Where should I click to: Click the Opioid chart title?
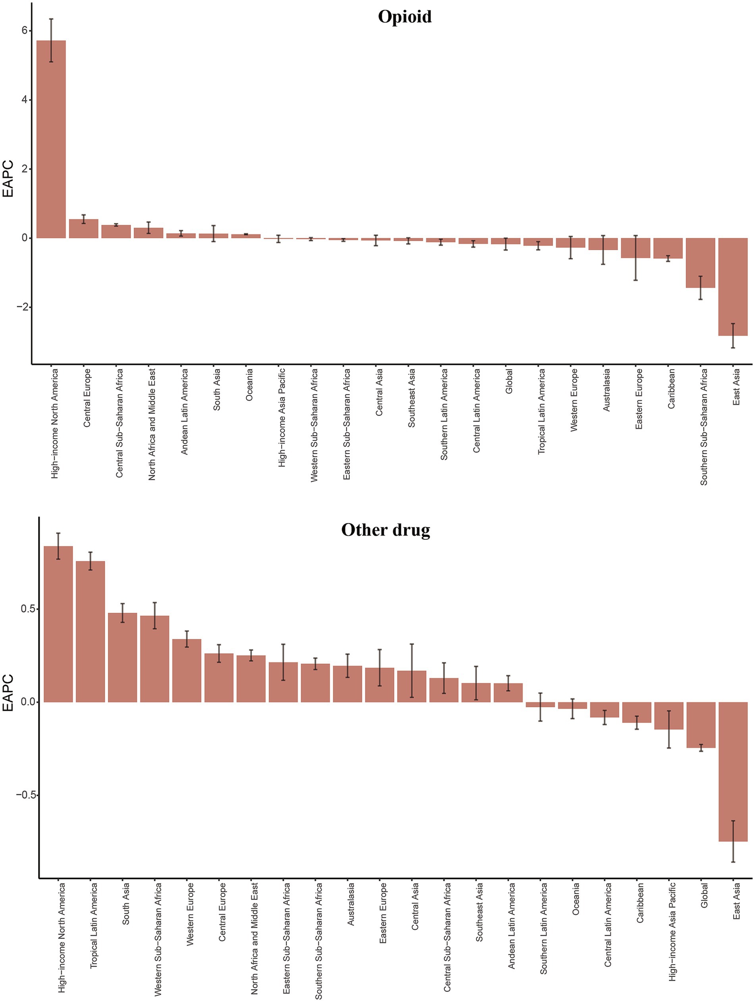point(404,17)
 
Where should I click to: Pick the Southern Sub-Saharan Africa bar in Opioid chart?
point(700,263)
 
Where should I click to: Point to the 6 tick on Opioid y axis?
point(24,30)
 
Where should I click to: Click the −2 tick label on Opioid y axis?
point(22,307)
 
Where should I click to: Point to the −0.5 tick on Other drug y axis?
point(26,795)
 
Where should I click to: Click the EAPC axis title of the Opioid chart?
point(8,180)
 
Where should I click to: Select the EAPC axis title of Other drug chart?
point(8,693)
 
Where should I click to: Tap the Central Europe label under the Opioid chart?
point(87,398)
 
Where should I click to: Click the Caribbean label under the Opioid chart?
point(671,389)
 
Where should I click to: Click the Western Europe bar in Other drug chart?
point(187,670)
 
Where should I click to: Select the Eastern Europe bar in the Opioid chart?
point(636,248)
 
